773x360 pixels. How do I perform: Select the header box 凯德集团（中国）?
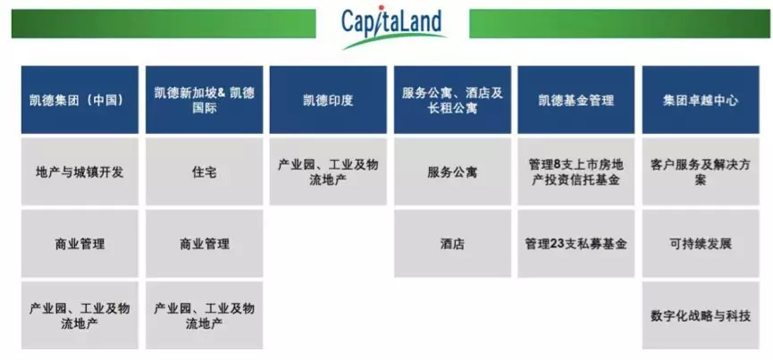click(80, 100)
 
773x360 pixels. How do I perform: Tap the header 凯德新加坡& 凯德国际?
click(204, 100)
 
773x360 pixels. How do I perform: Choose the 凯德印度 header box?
click(328, 100)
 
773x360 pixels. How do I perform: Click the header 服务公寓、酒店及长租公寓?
click(452, 100)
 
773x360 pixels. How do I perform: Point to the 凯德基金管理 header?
click(576, 100)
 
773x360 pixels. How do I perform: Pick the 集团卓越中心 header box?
click(701, 100)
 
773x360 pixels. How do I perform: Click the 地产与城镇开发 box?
click(80, 172)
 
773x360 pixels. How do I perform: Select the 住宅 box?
click(204, 172)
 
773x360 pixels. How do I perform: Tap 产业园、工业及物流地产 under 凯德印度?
click(328, 172)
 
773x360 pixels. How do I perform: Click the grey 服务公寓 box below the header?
click(452, 172)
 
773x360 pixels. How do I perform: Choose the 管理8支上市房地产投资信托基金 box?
click(576, 172)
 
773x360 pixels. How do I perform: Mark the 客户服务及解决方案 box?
click(701, 172)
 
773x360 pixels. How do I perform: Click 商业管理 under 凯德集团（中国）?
click(80, 243)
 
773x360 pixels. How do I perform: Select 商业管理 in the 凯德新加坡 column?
click(204, 243)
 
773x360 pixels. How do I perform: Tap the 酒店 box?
click(452, 243)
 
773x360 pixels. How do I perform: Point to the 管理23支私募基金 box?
click(576, 243)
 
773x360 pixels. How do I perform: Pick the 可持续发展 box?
click(701, 243)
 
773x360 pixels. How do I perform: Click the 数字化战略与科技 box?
click(701, 315)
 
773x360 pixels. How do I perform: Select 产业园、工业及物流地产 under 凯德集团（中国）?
click(80, 315)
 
